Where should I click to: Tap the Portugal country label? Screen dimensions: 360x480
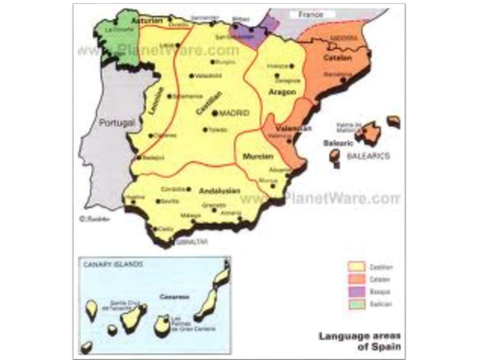[x=116, y=123]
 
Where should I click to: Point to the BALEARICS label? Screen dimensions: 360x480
[x=369, y=155]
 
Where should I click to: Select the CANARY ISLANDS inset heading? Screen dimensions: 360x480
[x=107, y=264]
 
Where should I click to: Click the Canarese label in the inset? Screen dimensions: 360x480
[x=174, y=296]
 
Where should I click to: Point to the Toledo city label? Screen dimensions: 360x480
[x=219, y=128]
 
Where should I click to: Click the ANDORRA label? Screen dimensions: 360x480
[x=343, y=37]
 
